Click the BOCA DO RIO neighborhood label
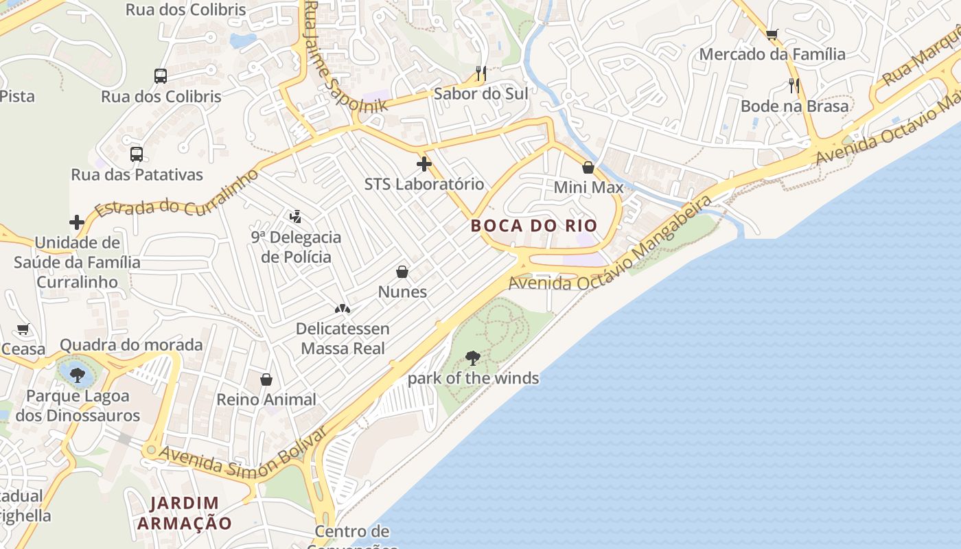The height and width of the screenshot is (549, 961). click(x=533, y=225)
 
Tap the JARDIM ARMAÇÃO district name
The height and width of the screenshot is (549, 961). click(x=185, y=513)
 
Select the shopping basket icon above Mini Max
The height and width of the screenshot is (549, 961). click(x=588, y=167)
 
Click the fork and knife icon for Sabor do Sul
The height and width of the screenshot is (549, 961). click(x=480, y=73)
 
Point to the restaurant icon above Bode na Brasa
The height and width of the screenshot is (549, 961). click(x=794, y=86)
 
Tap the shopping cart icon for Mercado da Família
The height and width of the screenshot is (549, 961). click(x=772, y=34)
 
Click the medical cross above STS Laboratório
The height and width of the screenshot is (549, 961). click(x=424, y=164)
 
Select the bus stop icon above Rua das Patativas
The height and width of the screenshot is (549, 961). click(x=137, y=154)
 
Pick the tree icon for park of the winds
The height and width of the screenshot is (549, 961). click(x=472, y=358)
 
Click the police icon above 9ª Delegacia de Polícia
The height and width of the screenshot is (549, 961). click(x=295, y=217)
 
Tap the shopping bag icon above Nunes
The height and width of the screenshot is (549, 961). click(x=402, y=272)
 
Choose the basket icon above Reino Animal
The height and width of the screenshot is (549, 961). click(x=266, y=379)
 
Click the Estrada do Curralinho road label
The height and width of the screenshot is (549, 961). click(x=177, y=193)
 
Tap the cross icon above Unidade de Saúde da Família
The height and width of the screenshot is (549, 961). click(x=77, y=222)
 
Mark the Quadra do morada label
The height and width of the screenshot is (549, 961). click(x=131, y=344)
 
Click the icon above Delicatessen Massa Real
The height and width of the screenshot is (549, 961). click(x=343, y=309)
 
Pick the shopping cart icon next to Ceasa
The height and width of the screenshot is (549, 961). click(x=23, y=329)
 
